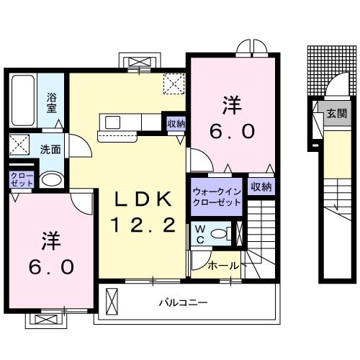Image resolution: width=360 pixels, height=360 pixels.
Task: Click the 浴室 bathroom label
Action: pos(53,102)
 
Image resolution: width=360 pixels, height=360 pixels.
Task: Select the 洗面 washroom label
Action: pos(50,150)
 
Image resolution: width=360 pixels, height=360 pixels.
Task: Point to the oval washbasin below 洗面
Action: pos(50,179)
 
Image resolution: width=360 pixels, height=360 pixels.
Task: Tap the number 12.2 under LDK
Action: pos(142,226)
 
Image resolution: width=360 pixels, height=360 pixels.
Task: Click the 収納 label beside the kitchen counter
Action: pos(176,124)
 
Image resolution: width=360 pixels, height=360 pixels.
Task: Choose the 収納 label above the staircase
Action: pos(261,186)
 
